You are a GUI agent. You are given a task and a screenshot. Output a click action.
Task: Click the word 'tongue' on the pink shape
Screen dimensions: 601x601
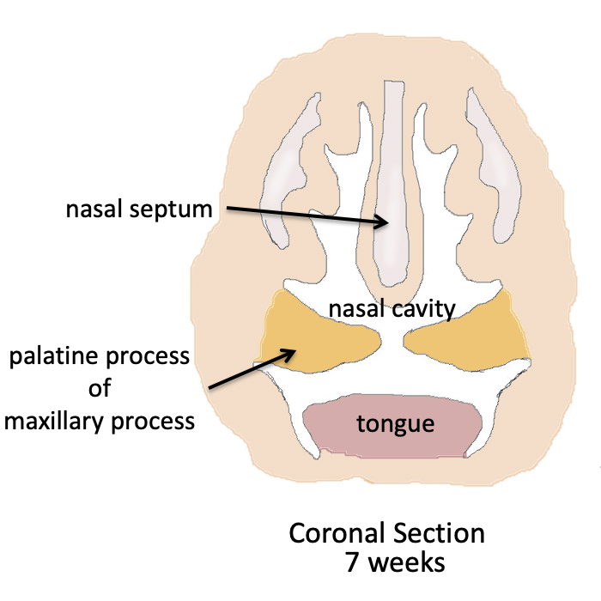point(395,422)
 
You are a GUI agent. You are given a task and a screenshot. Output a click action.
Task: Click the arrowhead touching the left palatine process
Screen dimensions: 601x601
point(291,351)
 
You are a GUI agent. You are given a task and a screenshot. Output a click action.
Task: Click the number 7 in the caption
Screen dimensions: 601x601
point(350,564)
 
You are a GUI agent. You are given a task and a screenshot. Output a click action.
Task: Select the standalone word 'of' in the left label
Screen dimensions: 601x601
point(100,388)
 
